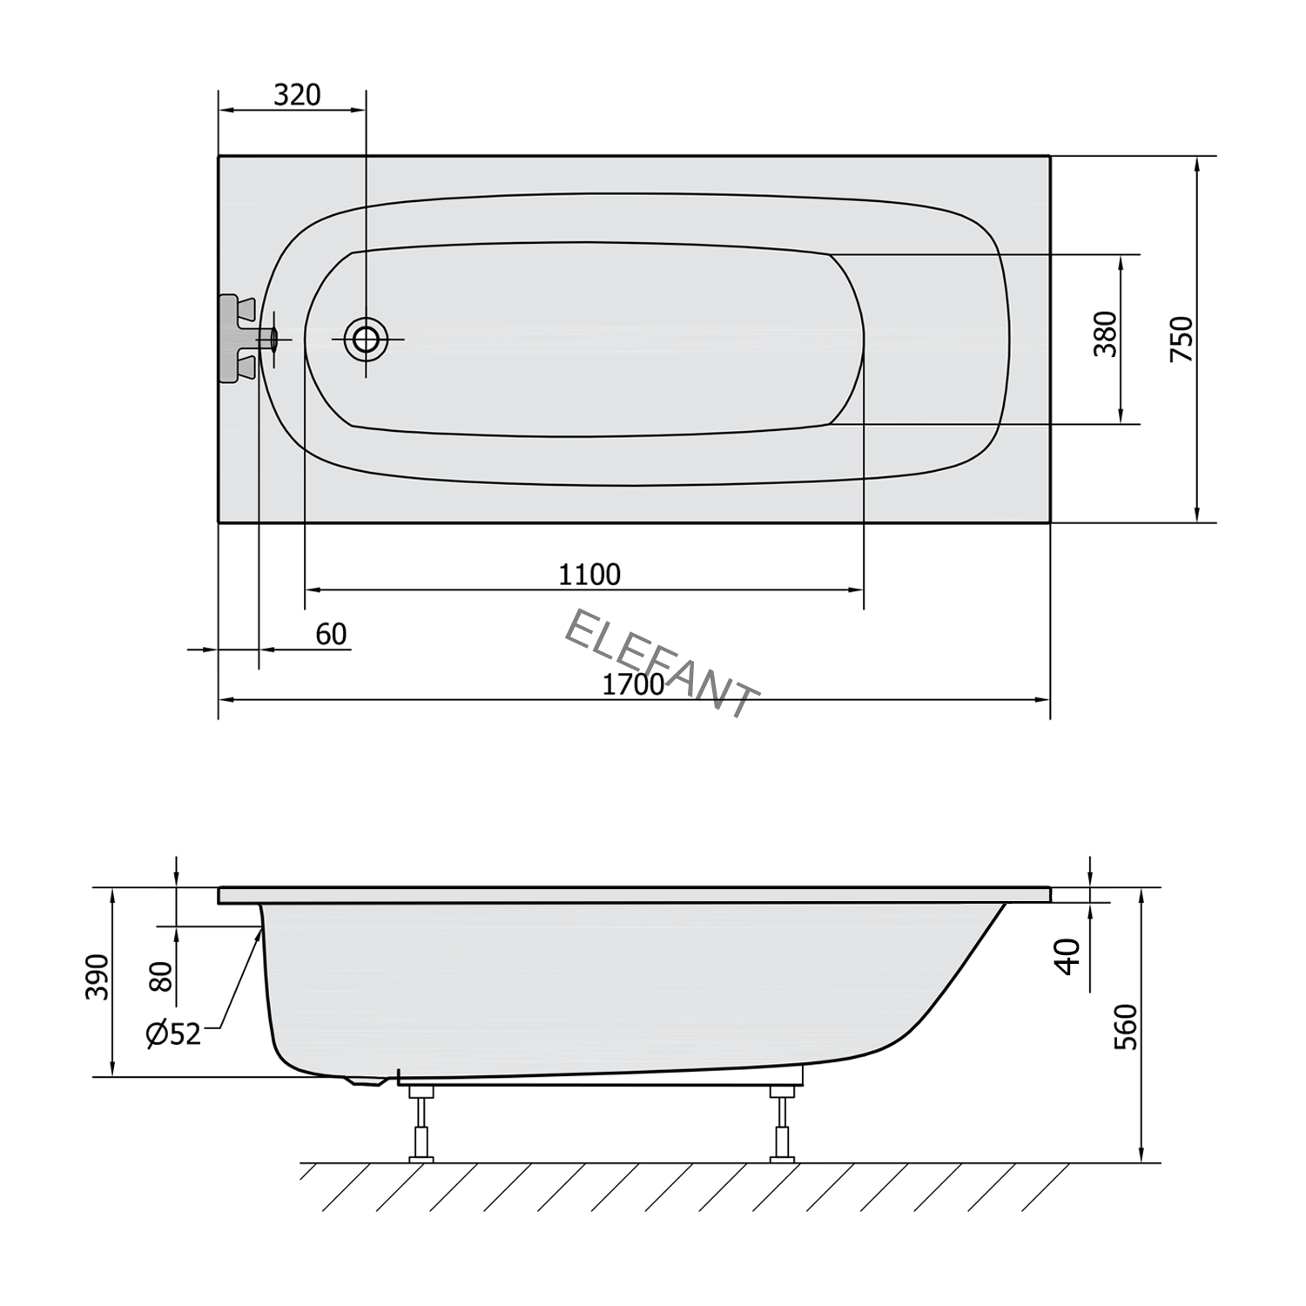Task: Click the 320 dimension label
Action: pos(297,94)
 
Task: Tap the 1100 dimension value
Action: pos(589,575)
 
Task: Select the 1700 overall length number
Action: pos(633,685)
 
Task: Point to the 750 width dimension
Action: pos(1181,340)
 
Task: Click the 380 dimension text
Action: pos(1105,333)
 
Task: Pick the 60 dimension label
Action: pos(331,635)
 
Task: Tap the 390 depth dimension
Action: pos(98,977)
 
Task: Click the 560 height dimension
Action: pos(1126,1027)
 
